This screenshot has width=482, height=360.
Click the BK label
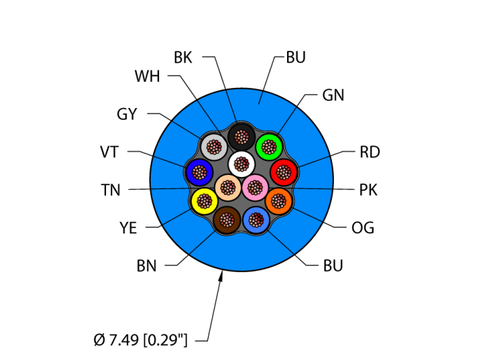(182, 57)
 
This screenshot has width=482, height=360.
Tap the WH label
(147, 76)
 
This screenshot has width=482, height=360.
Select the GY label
(127, 114)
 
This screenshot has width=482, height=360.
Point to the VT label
(109, 152)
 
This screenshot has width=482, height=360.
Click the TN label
(110, 190)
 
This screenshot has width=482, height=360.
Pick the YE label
(128, 228)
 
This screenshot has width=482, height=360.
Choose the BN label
(146, 266)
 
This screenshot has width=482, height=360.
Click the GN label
(333, 96)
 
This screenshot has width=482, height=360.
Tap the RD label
(370, 152)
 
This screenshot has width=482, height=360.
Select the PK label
(368, 190)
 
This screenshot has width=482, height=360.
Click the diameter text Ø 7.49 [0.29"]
(143, 339)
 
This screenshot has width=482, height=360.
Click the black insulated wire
(241, 136)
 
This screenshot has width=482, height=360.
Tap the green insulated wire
(269, 147)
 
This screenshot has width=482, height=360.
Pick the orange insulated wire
(278, 201)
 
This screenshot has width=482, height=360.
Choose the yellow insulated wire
(204, 201)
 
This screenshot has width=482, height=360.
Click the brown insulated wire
(226, 220)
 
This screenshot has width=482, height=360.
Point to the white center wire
(241, 164)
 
